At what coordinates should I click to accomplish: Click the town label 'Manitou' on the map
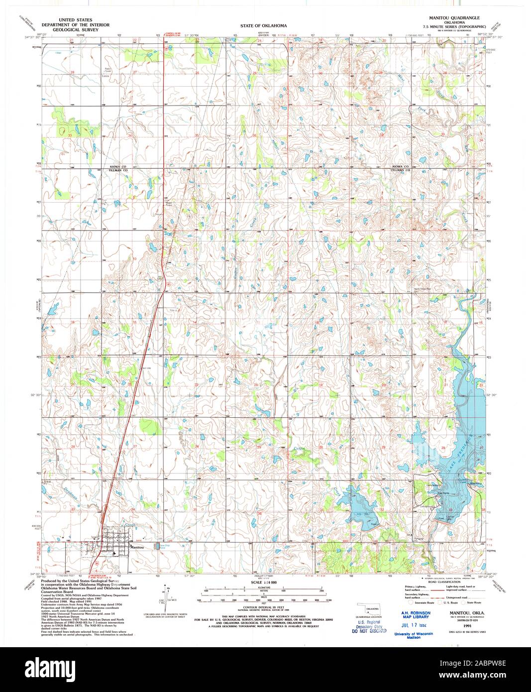click(x=137, y=547)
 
